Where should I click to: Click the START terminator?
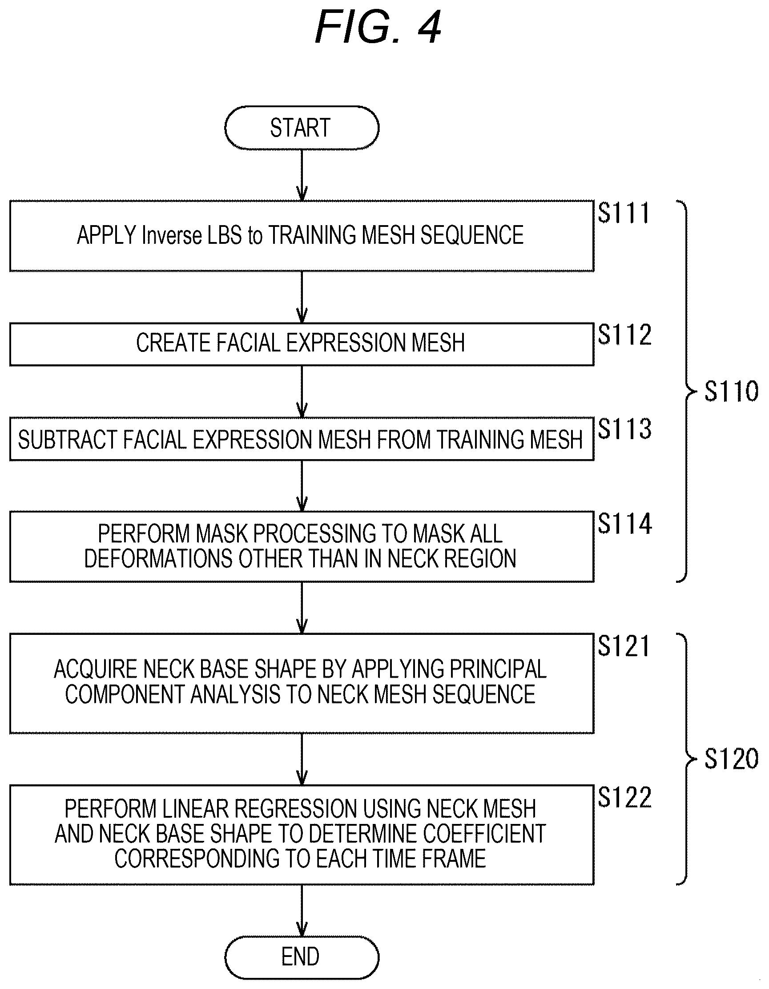(x=302, y=128)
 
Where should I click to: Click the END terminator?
(x=302, y=957)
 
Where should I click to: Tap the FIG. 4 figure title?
(x=378, y=27)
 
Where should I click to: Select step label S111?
(x=624, y=213)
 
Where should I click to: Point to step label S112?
(x=624, y=335)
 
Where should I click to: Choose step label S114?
(x=624, y=524)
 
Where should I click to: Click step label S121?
(x=624, y=646)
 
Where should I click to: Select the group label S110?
(x=732, y=391)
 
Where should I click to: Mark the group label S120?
(x=732, y=759)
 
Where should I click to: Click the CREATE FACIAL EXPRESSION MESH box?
(x=302, y=344)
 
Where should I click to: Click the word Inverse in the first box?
(x=172, y=235)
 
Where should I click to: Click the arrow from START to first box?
(x=302, y=175)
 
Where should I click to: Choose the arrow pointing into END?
(x=302, y=910)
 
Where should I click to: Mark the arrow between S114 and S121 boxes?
(x=302, y=608)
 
